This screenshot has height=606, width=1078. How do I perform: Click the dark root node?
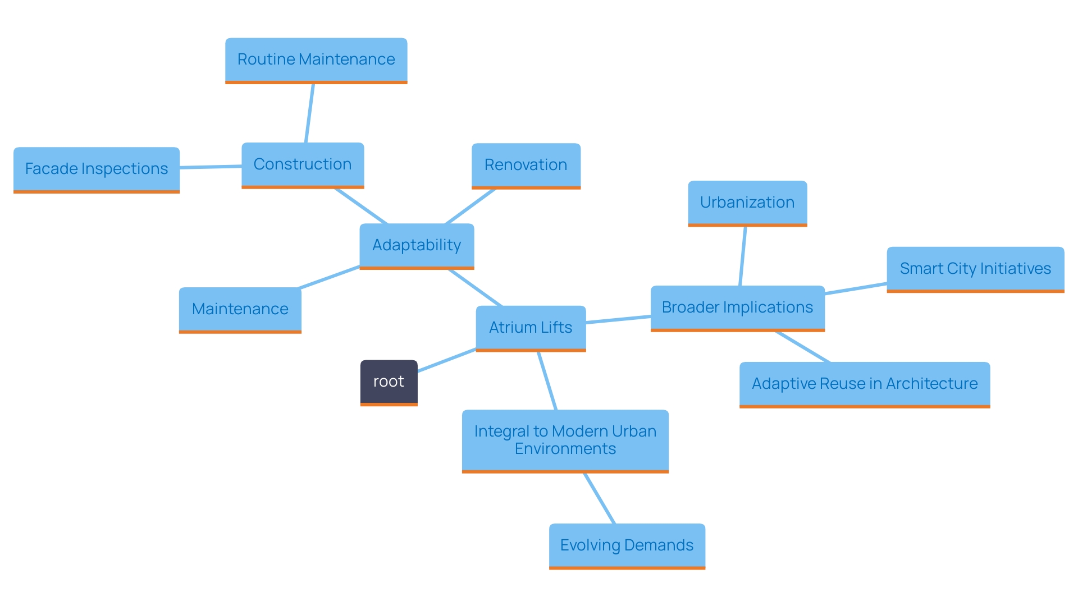[389, 382]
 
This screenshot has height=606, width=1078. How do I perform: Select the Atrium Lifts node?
[531, 328]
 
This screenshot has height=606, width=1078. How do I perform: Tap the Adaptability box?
[417, 245]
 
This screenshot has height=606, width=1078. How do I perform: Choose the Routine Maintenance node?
[316, 59]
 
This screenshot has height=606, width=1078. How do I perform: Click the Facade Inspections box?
[97, 169]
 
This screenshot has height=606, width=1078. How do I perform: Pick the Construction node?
[303, 164]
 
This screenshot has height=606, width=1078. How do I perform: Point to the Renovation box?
[526, 165]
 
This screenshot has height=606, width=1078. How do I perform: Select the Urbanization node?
[747, 203]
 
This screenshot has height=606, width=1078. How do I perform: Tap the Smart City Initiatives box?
[975, 269]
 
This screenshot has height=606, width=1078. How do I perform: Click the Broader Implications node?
[737, 307]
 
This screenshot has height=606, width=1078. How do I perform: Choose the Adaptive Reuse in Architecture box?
[865, 384]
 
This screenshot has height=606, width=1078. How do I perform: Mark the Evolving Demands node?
[627, 545]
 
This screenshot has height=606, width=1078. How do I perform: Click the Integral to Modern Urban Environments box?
[565, 440]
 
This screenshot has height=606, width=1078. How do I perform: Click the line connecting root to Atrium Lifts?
[447, 360]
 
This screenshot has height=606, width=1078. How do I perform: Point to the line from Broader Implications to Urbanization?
[743, 256]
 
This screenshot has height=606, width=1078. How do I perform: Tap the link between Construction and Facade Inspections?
[211, 167]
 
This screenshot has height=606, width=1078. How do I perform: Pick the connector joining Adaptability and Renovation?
[471, 206]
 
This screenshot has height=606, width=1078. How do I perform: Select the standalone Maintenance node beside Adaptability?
[240, 309]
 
